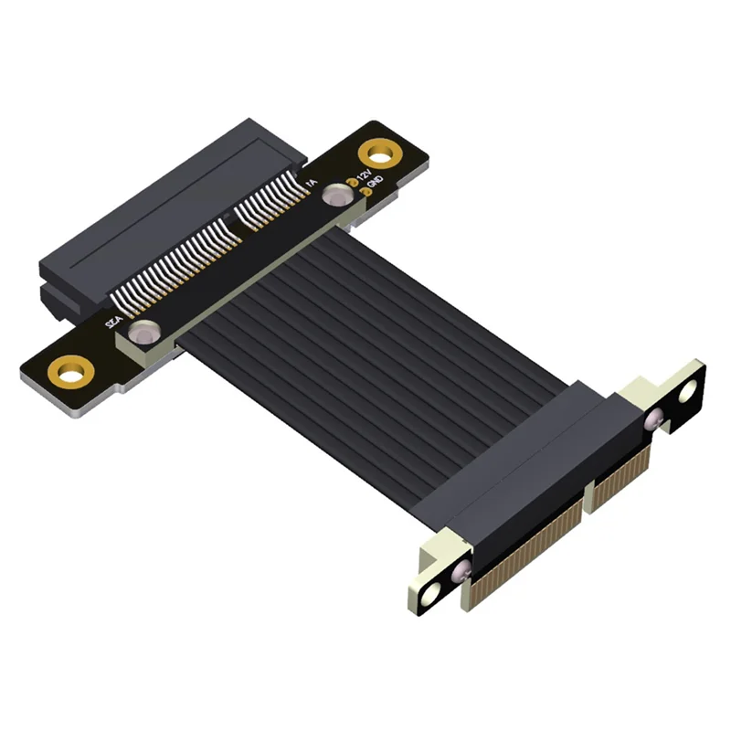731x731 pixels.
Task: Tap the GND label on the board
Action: click(374, 185)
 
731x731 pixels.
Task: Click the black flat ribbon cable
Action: click(365, 329)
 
